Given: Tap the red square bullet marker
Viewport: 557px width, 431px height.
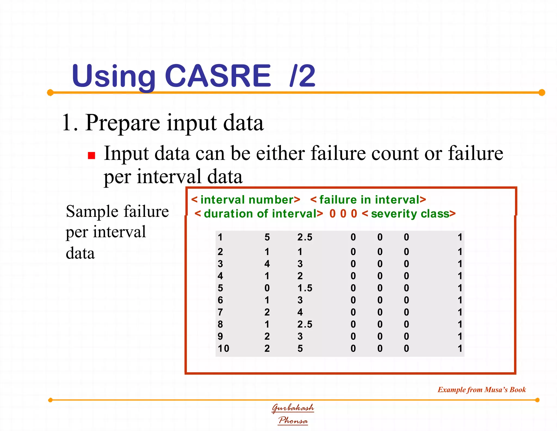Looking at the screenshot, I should pos(92,156).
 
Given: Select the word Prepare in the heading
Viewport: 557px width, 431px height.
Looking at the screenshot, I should pos(123,123).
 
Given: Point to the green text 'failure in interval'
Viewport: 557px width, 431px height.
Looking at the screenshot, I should pos(369,200).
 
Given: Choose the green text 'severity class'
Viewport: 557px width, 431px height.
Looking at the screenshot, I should pos(410,214).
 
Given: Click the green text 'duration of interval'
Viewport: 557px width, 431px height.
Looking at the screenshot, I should pos(260,214).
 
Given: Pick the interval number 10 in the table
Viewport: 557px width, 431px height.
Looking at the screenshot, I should pos(223,348).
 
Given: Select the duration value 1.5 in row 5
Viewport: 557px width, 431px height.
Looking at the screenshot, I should pos(305,288).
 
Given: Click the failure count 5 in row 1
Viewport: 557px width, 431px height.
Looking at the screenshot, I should pos(267,237).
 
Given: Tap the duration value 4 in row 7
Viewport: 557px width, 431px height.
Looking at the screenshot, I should pos(300,312).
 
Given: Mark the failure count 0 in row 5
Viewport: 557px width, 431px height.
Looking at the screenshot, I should pos(267,288).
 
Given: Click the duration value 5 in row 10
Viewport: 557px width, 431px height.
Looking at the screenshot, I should pos(300,348).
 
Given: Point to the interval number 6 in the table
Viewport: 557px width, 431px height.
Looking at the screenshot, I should pos(220,300).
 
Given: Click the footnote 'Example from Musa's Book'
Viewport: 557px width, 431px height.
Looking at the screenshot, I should pos(481,390).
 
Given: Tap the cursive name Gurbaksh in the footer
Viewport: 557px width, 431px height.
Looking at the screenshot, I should pos(293,408).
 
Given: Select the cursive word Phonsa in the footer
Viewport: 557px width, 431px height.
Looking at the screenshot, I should pos(293,420).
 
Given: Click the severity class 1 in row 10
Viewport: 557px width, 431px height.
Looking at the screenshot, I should pos(460,348).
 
